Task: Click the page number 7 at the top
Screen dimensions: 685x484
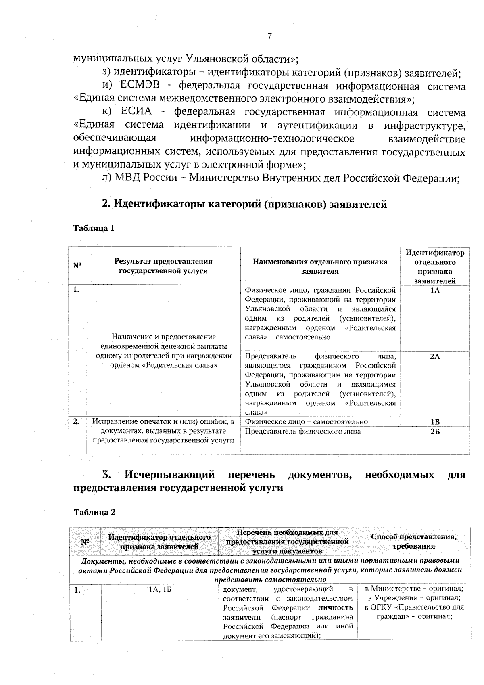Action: pyautogui.click(x=270, y=36)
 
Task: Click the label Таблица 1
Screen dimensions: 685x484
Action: pyautogui.click(x=94, y=228)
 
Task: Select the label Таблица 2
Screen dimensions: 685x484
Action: pyautogui.click(x=94, y=512)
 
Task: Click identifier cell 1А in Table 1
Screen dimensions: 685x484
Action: pyautogui.click(x=435, y=291)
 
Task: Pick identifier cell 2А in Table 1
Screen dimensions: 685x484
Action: pyautogui.click(x=435, y=356)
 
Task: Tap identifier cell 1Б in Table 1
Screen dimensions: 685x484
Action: pyautogui.click(x=435, y=422)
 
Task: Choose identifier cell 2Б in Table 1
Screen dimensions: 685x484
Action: pyautogui.click(x=435, y=431)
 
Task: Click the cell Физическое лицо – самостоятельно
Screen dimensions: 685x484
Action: pyautogui.click(x=306, y=422)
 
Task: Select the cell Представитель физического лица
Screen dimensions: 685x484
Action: pyautogui.click(x=302, y=431)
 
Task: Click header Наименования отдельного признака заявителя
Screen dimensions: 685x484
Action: pyautogui.click(x=320, y=266)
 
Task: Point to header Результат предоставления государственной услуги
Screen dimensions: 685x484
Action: pyautogui.click(x=163, y=266)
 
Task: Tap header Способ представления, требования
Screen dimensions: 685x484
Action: pyautogui.click(x=414, y=541)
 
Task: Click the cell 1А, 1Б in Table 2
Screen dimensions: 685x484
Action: pyautogui.click(x=160, y=590)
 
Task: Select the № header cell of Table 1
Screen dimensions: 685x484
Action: pyautogui.click(x=77, y=266)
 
